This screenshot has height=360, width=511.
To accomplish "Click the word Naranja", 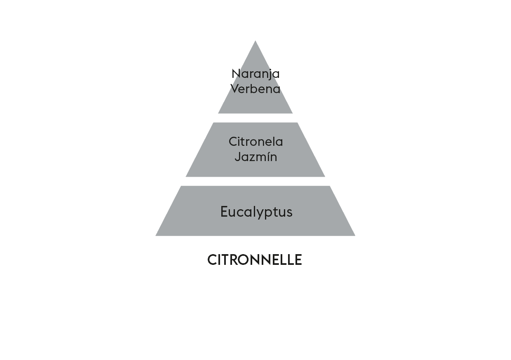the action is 255,74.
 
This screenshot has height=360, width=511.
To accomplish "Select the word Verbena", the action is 255,89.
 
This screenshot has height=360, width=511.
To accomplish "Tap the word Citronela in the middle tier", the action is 256,142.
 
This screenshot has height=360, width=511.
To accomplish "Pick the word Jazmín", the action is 256,157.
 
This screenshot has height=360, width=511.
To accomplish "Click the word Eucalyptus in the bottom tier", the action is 256,212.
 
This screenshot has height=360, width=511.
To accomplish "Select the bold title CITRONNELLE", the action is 255,260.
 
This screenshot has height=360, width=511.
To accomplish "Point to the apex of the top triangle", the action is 255,41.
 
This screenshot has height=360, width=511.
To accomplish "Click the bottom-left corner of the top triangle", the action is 218,113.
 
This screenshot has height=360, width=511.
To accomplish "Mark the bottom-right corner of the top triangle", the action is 293,113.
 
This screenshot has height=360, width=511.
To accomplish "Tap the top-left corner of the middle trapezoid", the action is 213,123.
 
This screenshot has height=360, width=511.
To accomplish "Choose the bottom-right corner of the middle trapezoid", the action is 325,177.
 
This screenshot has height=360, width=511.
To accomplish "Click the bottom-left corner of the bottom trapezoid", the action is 156,236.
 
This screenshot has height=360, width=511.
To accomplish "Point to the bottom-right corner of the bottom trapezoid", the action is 355,236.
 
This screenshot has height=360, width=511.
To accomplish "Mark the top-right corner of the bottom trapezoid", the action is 330,186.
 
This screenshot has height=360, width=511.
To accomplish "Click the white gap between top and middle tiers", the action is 255,118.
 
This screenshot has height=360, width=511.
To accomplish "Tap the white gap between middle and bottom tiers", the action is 255,181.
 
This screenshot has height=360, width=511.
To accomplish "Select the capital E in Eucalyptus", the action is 224,211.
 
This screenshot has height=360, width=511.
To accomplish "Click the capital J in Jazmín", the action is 238,157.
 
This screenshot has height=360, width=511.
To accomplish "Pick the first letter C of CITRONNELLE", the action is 212,260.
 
